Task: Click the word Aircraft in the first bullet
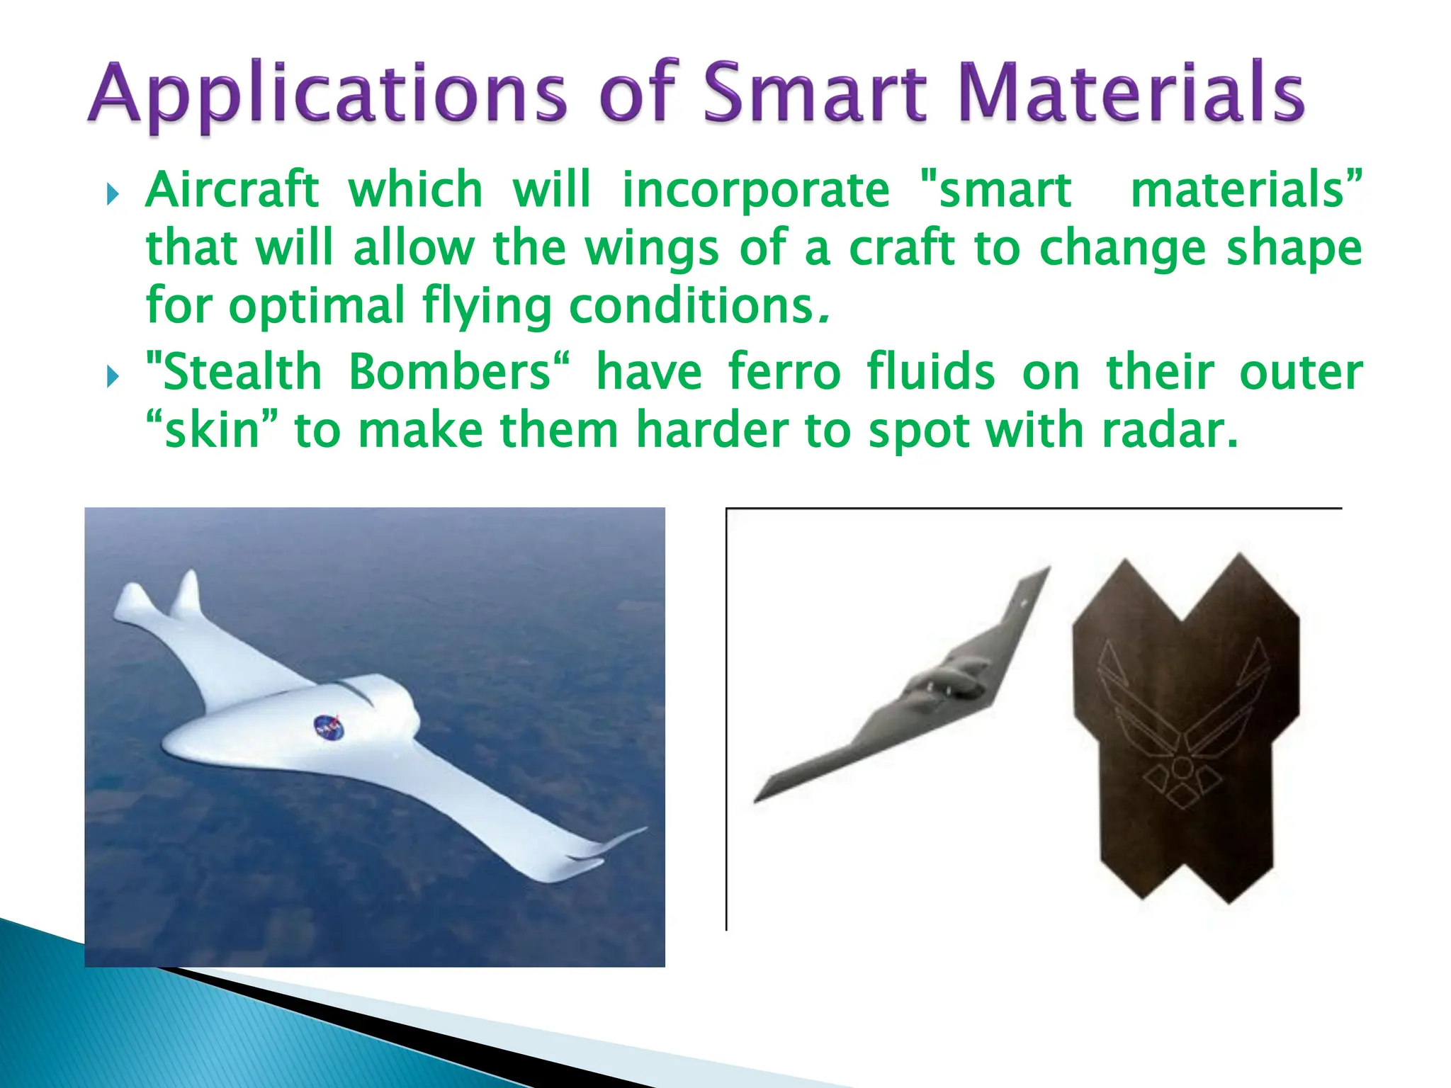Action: click(232, 190)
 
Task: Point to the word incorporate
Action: click(755, 190)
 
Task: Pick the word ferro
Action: click(784, 372)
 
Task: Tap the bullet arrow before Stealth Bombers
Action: click(112, 376)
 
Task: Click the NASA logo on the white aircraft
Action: click(329, 727)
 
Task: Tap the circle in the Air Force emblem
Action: click(1181, 766)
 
